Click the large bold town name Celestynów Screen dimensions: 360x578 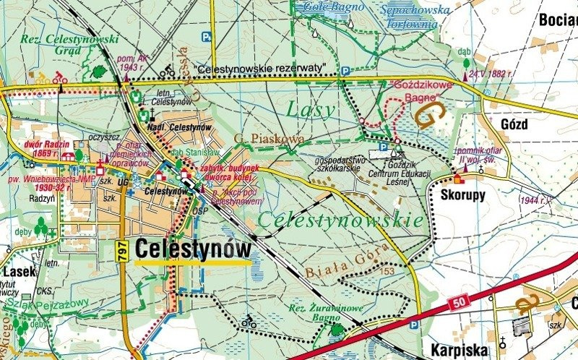click(x=193, y=249)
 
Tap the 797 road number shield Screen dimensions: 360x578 click(x=124, y=250)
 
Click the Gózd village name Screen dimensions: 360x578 click(x=514, y=124)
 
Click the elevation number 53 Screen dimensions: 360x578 click(x=390, y=271)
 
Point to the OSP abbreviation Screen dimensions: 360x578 click(x=200, y=211)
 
